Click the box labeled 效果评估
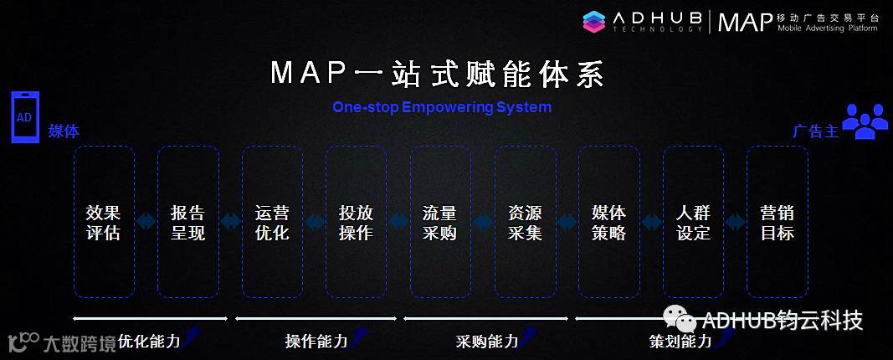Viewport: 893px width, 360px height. (104, 222)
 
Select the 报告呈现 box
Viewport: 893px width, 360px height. (187, 222)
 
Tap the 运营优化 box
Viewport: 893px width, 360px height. (272, 222)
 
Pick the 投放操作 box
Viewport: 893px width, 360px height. (356, 222)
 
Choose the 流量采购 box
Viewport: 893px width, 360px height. (440, 222)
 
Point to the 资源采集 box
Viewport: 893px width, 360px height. (525, 222)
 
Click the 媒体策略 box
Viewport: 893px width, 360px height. (608, 222)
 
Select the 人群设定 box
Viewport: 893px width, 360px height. (693, 222)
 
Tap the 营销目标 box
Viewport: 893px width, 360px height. (777, 222)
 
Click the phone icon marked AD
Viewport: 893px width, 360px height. (24, 117)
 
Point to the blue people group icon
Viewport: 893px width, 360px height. (865, 121)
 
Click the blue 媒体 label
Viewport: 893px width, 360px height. (64, 131)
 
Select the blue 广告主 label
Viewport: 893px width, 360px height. (815, 131)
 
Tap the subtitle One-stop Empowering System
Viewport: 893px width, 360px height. (442, 107)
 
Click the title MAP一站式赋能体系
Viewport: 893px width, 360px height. (437, 74)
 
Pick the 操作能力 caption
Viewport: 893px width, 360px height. (316, 341)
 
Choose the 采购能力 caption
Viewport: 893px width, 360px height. (486, 341)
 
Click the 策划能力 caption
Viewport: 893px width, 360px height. (680, 341)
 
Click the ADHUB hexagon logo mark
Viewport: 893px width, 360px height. (593, 21)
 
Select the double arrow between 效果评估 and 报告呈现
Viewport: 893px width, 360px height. (146, 222)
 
